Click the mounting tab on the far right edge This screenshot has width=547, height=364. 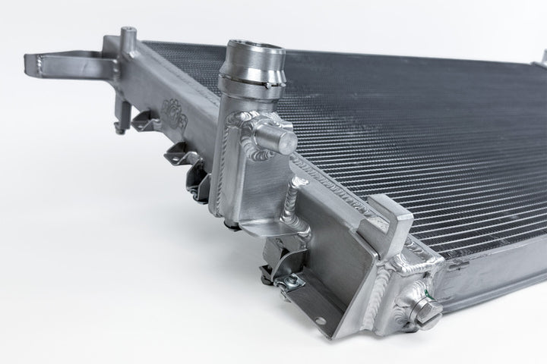[542, 57]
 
